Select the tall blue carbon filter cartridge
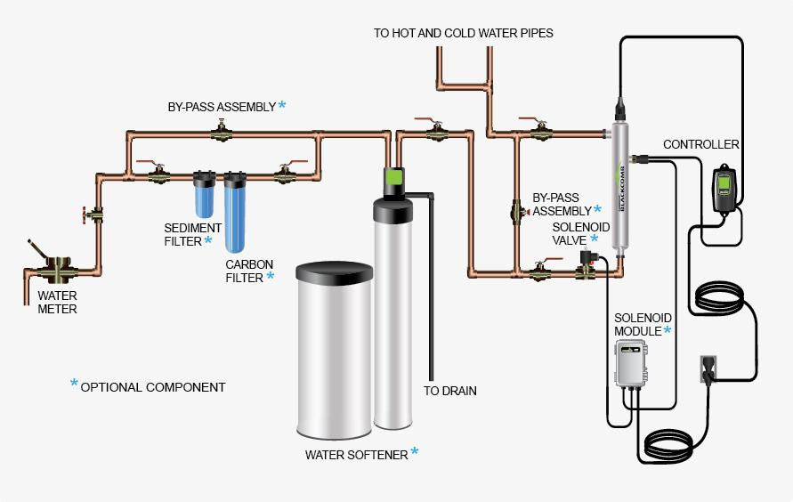tap(236, 214)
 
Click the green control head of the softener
tap(394, 181)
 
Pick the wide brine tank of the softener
tap(335, 352)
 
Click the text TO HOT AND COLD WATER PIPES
tap(464, 33)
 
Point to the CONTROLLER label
tap(701, 144)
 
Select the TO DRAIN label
tap(450, 391)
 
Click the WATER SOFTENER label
tap(356, 455)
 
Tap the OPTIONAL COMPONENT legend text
tap(153, 387)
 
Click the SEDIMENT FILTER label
tap(185, 233)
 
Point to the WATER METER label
tap(57, 303)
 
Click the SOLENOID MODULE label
tap(641, 325)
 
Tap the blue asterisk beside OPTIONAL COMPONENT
tap(74, 385)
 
